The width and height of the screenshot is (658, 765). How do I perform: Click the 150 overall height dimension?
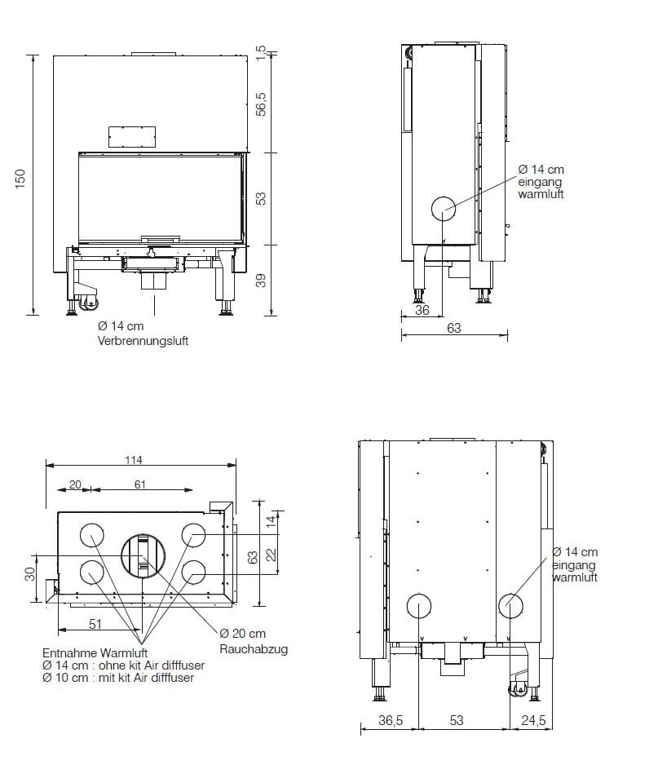[21, 182]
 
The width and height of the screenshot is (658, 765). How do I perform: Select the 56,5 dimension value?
[262, 104]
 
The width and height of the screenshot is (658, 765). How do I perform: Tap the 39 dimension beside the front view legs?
[262, 280]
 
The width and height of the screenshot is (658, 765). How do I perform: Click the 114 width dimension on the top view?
[135, 460]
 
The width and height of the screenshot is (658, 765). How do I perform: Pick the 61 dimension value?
[140, 484]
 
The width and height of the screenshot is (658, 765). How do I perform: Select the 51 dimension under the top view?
[95, 625]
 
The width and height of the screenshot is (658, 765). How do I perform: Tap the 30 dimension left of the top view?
[30, 574]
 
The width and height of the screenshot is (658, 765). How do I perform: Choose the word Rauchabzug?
[254, 649]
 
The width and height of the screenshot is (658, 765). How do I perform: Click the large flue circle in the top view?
[144, 555]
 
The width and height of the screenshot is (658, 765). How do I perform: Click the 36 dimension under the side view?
[422, 309]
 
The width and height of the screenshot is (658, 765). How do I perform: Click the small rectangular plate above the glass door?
[131, 136]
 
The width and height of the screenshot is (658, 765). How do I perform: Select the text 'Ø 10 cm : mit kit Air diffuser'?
[117, 677]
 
